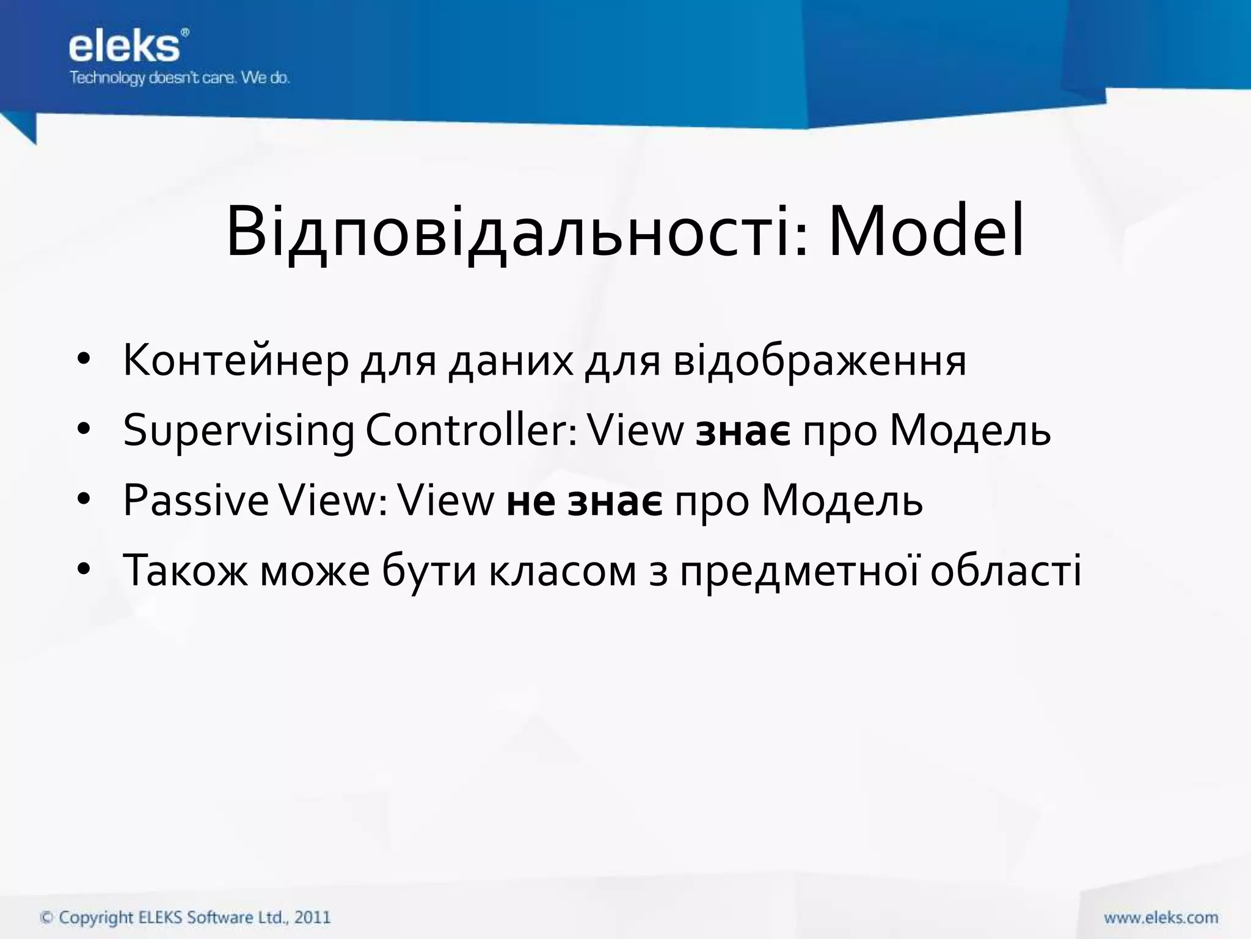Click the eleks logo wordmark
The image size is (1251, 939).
click(125, 46)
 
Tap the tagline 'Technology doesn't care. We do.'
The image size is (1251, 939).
click(180, 78)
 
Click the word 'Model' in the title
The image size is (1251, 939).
click(925, 233)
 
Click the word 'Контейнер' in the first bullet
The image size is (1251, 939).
click(236, 361)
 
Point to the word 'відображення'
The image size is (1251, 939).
click(820, 361)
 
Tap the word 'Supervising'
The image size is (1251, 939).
click(238, 431)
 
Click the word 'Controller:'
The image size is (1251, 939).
click(470, 431)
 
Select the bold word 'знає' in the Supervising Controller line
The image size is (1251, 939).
click(743, 432)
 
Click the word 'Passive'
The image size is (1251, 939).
click(195, 501)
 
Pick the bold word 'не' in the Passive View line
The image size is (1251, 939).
click(530, 502)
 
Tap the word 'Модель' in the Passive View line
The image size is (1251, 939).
click(842, 502)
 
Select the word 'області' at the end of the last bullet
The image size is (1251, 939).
click(1005, 571)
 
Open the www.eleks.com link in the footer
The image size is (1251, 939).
click(1161, 917)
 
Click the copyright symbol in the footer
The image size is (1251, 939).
click(46, 918)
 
